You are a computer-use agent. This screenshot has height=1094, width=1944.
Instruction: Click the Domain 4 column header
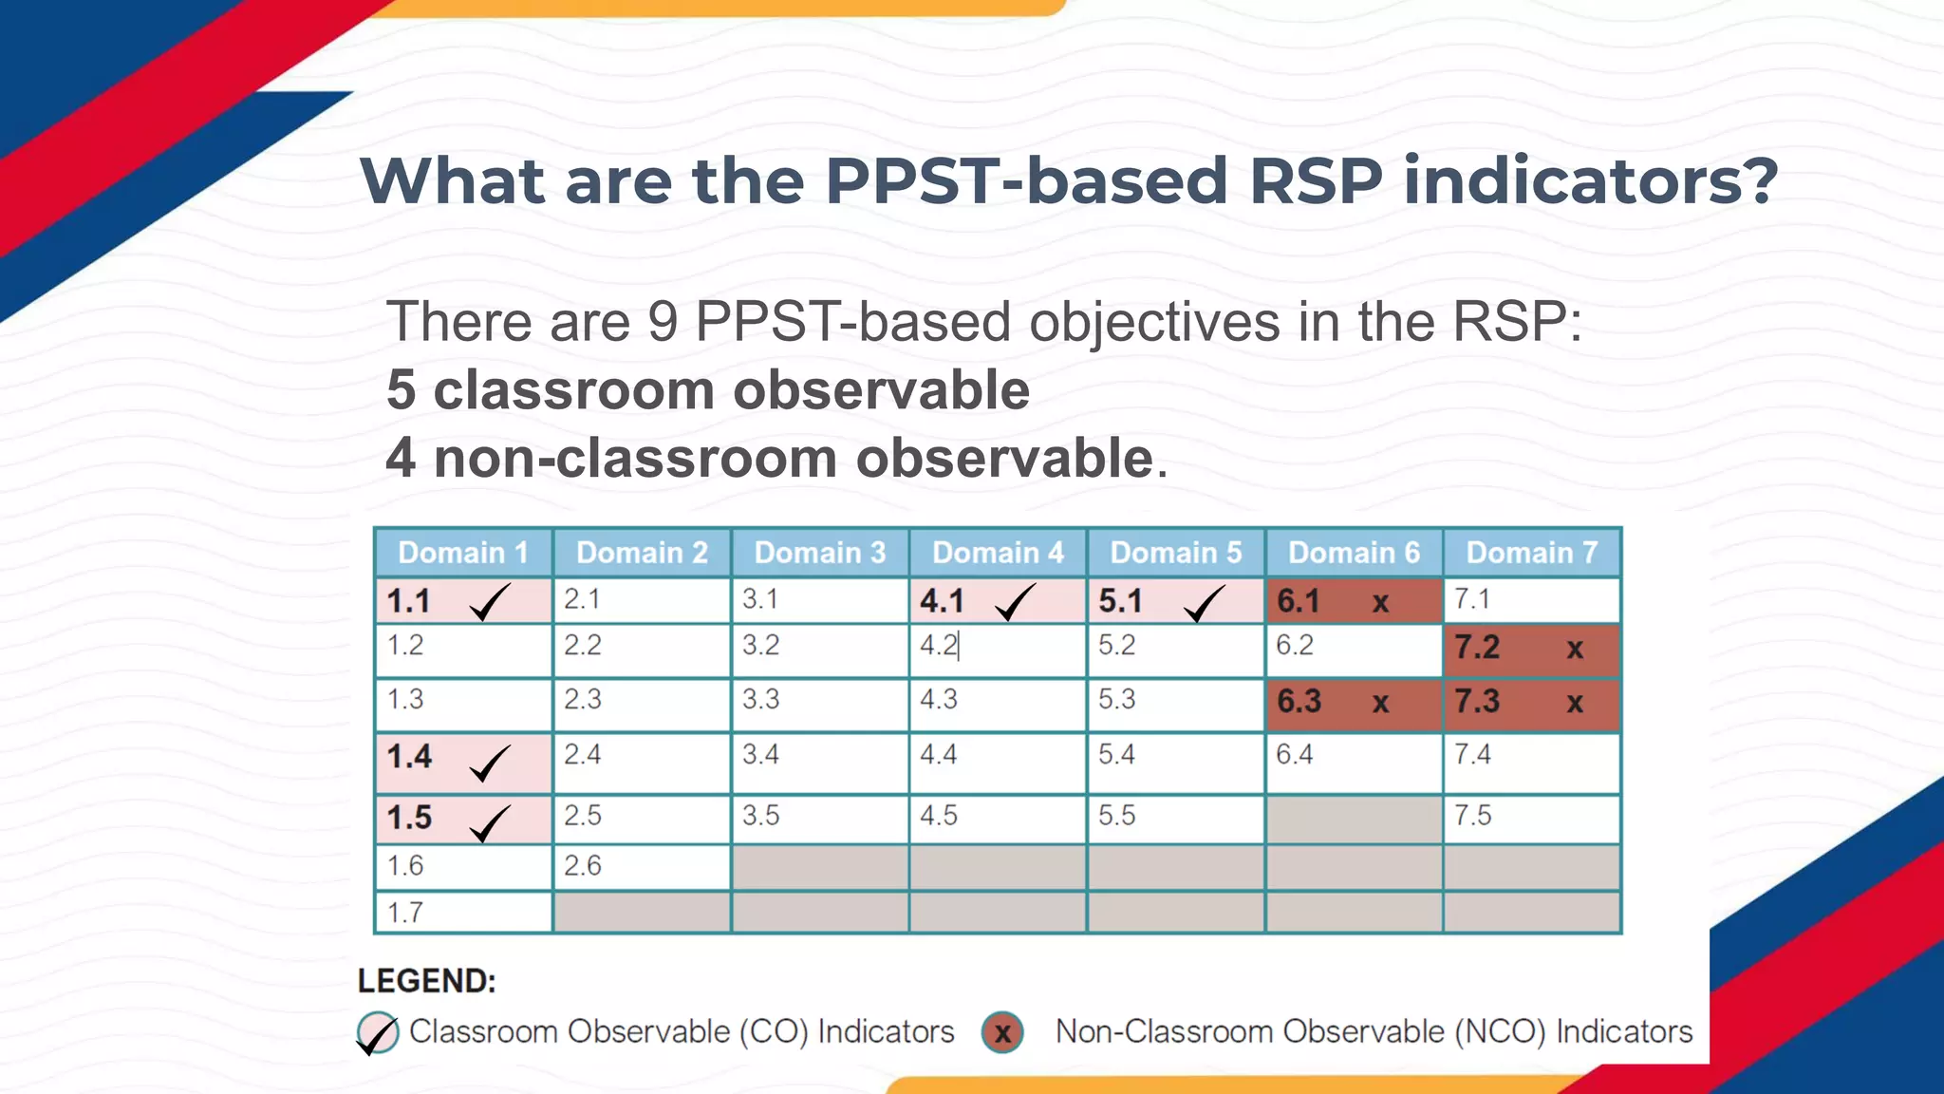coord(998,553)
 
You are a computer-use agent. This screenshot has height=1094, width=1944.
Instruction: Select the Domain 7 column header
coord(1531,553)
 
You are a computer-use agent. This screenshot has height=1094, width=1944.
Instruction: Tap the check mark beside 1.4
coord(490,763)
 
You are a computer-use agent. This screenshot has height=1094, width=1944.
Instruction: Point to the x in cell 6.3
coord(1380,703)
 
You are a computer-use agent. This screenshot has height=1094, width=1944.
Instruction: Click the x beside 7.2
coord(1575,649)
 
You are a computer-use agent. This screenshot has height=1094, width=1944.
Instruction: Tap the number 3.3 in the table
coord(760,699)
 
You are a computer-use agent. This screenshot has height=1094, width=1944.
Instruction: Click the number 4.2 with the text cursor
coord(939,646)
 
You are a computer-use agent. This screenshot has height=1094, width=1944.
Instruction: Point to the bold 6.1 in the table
coord(1298,601)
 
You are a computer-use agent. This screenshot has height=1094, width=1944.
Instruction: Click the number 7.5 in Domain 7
coord(1472,816)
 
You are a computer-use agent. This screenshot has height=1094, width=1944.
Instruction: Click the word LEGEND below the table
coord(426,981)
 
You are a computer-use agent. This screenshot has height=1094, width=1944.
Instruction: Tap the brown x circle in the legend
coord(1002,1032)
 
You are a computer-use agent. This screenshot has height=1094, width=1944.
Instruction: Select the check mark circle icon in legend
coord(377,1033)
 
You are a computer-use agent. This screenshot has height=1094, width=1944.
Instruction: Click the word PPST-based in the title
coord(1025,180)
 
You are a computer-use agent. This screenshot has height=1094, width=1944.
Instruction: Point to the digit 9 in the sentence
coord(662,322)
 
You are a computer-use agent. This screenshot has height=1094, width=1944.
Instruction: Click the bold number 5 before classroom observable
coord(401,390)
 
